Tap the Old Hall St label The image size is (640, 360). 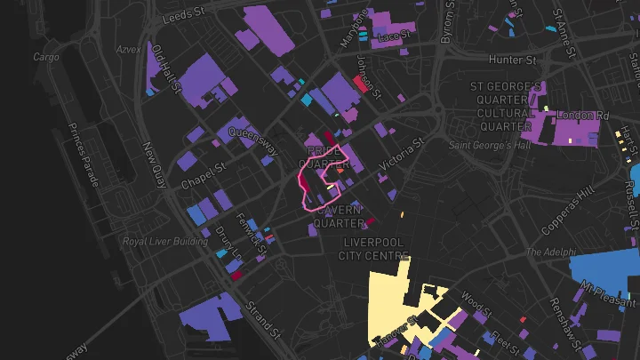pos(166,70)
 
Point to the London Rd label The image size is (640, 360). pos(583,116)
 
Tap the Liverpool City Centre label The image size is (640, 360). pos(372,249)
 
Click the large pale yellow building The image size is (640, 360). pos(391,302)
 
